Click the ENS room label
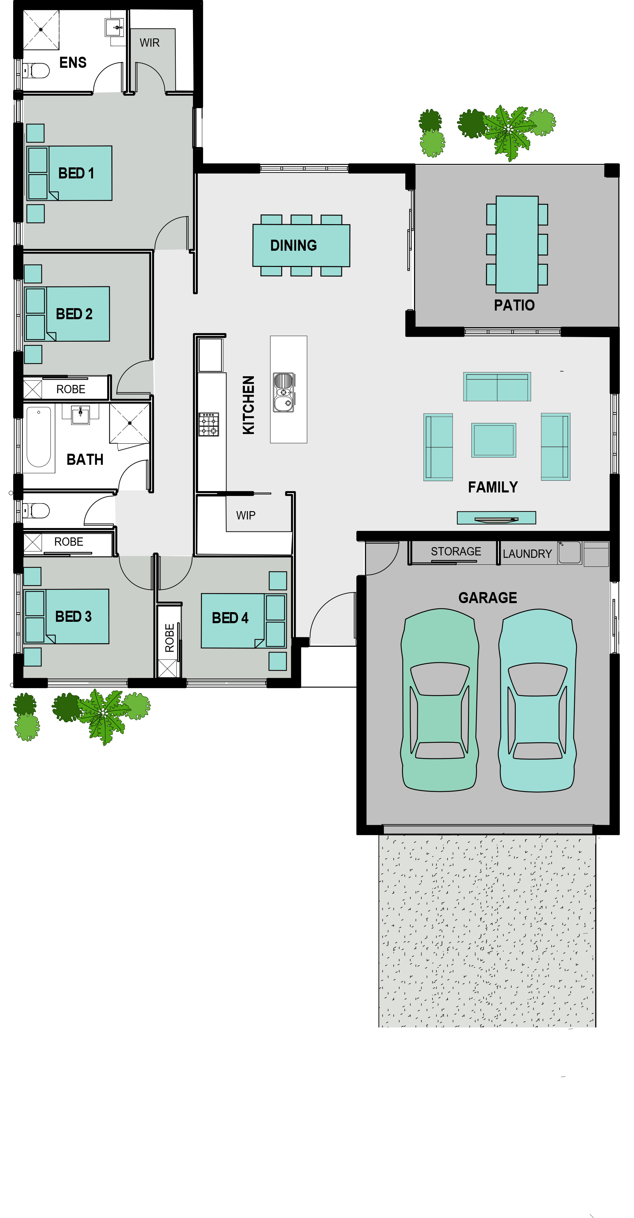click(x=73, y=62)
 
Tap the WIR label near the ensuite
click(x=149, y=43)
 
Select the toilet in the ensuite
click(x=36, y=71)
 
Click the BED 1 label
click(x=76, y=173)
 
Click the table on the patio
click(x=517, y=244)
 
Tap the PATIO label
click(x=514, y=305)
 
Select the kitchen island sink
click(x=284, y=392)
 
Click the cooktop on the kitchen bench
click(x=209, y=424)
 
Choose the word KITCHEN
click(x=248, y=405)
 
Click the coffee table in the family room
click(x=494, y=440)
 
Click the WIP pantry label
click(x=246, y=515)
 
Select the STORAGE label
click(x=456, y=551)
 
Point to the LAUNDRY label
click(x=527, y=554)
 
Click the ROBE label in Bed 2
click(x=71, y=389)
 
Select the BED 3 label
click(x=73, y=616)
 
